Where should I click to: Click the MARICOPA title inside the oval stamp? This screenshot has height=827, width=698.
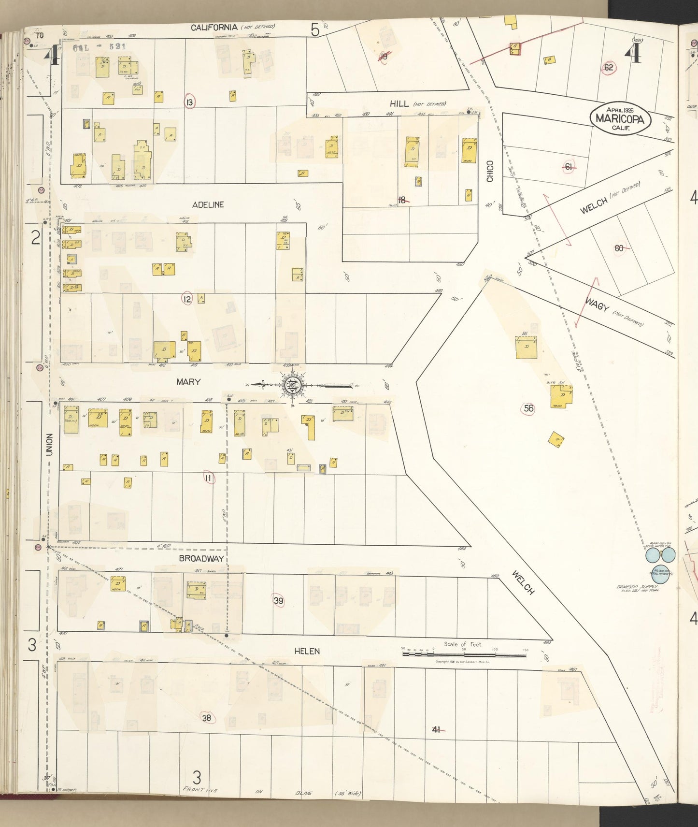[x=620, y=118]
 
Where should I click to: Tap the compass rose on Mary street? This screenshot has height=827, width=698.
[x=293, y=385]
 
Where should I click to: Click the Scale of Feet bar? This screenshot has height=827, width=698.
[x=464, y=654]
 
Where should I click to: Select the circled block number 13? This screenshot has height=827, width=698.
[x=189, y=102]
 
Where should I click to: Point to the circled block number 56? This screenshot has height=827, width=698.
[x=528, y=408]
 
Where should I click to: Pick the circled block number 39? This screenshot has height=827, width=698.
[x=278, y=601]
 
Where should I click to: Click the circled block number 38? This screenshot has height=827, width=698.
[x=207, y=718]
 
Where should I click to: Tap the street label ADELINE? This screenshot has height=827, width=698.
[x=208, y=205]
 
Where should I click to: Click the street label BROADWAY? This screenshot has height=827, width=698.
[x=201, y=558]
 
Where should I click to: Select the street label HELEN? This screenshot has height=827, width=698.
[x=307, y=651]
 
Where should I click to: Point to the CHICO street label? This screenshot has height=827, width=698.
[x=490, y=171]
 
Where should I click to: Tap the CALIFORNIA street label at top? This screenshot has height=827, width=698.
[x=214, y=28]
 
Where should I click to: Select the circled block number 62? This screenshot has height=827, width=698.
[x=608, y=67]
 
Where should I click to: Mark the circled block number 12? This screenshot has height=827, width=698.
[x=187, y=300]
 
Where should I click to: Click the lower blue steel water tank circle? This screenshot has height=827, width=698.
[x=661, y=575]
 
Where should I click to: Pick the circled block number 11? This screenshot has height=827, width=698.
[x=208, y=478]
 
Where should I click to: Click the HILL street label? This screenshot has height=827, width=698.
[x=399, y=103]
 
